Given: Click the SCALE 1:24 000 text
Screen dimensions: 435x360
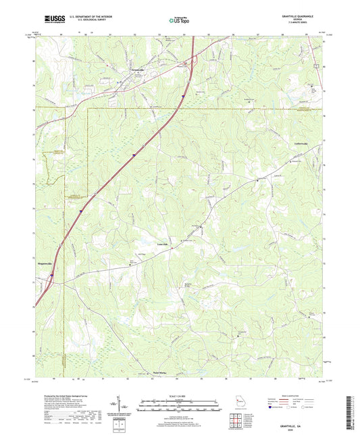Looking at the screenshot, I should pos(180,396).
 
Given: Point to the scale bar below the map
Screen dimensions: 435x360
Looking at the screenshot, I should pos(180,406).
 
